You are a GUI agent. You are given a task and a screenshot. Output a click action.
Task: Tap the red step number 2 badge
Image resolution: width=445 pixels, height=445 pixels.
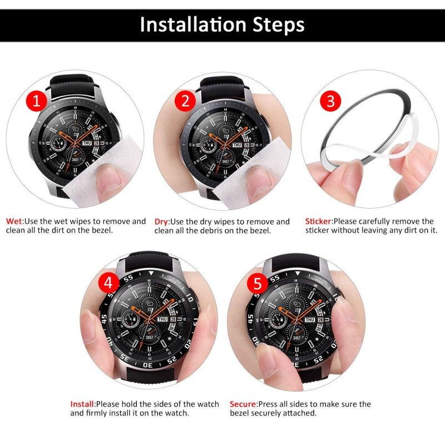[185, 101]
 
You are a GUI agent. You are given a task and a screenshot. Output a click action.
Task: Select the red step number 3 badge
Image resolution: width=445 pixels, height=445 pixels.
[330, 101]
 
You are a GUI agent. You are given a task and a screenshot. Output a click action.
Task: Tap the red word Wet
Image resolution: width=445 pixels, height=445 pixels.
[14, 221]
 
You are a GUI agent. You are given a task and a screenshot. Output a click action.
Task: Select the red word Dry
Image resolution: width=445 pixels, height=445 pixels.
[161, 221]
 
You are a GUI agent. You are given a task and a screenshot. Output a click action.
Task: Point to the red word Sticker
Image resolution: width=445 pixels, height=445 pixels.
[318, 221]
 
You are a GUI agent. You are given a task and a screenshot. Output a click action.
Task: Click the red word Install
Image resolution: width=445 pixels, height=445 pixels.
[82, 404]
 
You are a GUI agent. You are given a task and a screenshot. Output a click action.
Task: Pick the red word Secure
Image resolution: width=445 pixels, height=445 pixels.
[243, 404]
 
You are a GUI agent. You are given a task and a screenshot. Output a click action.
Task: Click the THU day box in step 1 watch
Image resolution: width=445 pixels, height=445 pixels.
[87, 144]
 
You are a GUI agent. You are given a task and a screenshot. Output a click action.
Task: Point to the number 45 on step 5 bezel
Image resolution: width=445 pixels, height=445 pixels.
[249, 319]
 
